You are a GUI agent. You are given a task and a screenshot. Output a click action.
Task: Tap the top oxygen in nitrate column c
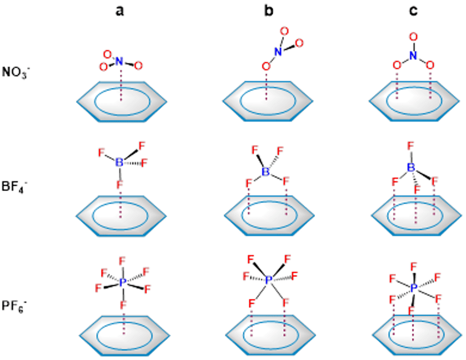(413, 37)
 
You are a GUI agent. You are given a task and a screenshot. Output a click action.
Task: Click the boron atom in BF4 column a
(119, 162)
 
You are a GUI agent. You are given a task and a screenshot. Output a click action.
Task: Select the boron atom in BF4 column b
(267, 172)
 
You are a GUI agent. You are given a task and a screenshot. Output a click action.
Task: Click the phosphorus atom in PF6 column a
(123, 282)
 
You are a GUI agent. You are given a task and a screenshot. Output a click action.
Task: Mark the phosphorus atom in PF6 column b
(269, 280)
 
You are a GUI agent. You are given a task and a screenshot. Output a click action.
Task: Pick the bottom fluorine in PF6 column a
(123, 304)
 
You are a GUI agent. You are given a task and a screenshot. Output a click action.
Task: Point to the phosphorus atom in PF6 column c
(414, 287)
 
